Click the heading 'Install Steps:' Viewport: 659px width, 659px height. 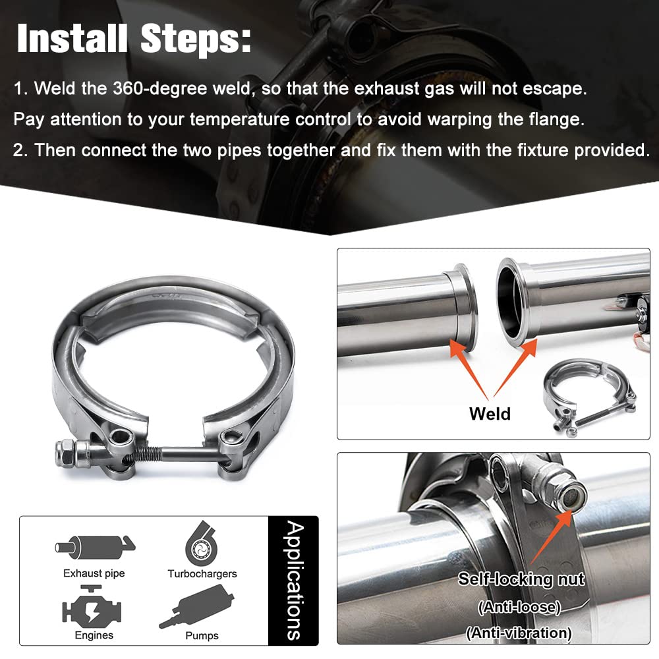coord(134,39)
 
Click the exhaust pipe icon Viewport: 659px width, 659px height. coord(96,547)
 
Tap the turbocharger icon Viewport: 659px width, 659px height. coord(201,544)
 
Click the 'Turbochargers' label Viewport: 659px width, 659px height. coord(202,574)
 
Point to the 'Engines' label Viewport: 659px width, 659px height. coord(94,635)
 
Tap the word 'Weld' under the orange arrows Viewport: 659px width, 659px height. coord(490,414)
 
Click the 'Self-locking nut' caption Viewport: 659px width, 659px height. coord(521,579)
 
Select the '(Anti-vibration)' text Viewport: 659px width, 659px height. coord(519,633)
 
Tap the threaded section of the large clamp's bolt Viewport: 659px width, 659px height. coord(147,453)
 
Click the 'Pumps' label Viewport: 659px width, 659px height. coord(202,635)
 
